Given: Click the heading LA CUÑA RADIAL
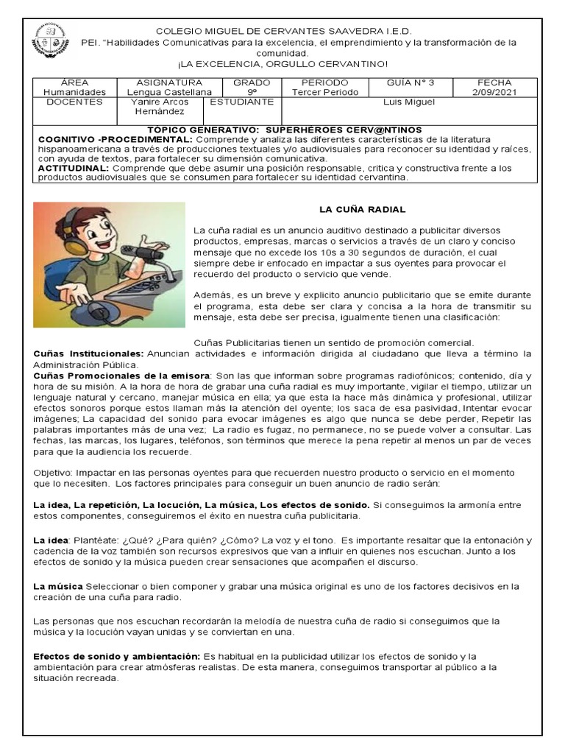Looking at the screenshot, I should (361, 210).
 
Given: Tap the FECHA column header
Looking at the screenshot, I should (494, 82).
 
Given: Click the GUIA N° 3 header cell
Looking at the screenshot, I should (411, 82).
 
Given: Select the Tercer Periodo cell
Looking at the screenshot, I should (324, 92).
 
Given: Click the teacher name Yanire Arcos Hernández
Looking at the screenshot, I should (159, 107).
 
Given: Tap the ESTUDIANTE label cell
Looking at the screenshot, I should (241, 102).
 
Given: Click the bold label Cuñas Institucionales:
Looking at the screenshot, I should (88, 353).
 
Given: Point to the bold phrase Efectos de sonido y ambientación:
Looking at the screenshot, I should (116, 655).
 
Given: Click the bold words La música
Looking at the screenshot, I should (58, 586).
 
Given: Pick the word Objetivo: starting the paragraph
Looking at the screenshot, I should (54, 472).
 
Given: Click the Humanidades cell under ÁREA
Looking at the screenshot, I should (74, 92).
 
